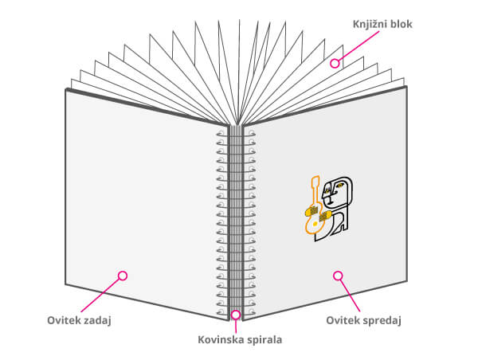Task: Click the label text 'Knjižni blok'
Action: (383, 24)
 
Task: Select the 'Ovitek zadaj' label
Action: (78, 320)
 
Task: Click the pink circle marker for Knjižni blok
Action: (336, 62)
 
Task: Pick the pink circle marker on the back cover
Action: (122, 276)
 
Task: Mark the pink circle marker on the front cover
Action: (338, 276)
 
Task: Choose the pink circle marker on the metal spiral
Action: (236, 314)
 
